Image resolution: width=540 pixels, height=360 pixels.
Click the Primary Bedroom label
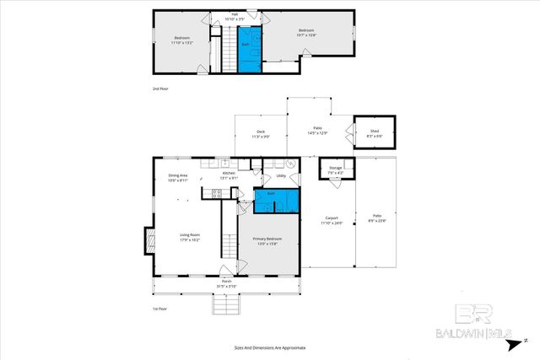pos(268,240)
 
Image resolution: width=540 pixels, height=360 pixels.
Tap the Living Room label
pos(189,237)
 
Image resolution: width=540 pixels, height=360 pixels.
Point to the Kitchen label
pos(229,175)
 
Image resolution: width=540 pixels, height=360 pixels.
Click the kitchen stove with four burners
pos(216,193)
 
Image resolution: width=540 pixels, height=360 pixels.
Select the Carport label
pos(332,220)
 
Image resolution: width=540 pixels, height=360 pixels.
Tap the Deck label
pos(262,133)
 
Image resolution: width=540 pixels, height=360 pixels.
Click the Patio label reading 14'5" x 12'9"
pos(318,130)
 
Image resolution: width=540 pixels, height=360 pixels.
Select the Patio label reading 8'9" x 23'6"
pos(377,220)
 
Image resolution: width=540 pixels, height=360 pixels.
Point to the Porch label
pos(226,284)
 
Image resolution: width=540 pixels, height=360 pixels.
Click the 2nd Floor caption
pos(160,88)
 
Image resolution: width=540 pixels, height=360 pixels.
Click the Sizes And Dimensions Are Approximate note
pos(270,347)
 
